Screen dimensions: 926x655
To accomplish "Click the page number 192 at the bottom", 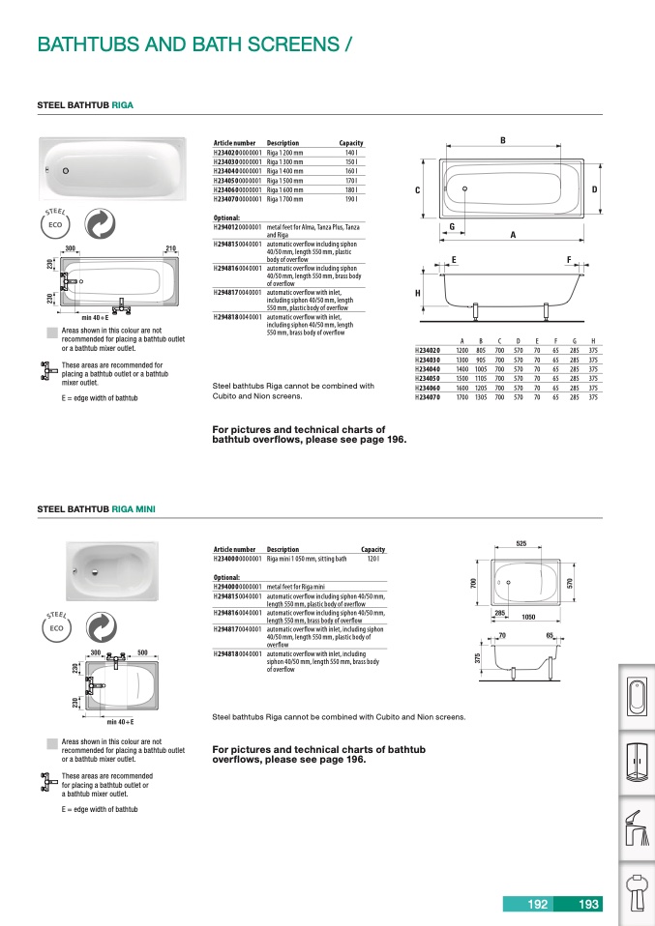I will coord(538,905).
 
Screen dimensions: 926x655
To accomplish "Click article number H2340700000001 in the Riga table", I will coord(237,199).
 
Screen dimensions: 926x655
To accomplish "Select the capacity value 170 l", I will coord(351,180).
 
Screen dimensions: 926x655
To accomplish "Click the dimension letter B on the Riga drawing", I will coord(502,141).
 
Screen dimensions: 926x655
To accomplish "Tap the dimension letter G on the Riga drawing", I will coord(452,226).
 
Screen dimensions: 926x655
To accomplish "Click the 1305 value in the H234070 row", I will coord(481,397).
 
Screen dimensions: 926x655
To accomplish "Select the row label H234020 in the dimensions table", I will coord(427,350).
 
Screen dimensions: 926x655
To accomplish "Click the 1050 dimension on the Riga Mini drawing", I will coord(528,616).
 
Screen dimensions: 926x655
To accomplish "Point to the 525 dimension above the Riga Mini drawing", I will coord(521,544).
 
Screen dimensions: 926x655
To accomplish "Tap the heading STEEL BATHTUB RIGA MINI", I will coord(95,508).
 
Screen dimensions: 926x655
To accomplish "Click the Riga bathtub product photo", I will coord(112,169).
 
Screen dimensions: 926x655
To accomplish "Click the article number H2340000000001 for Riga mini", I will coord(237,559).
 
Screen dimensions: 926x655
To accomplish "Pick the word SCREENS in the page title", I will coord(289,44).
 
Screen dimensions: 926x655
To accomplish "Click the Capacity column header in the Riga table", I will coord(350,143).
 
